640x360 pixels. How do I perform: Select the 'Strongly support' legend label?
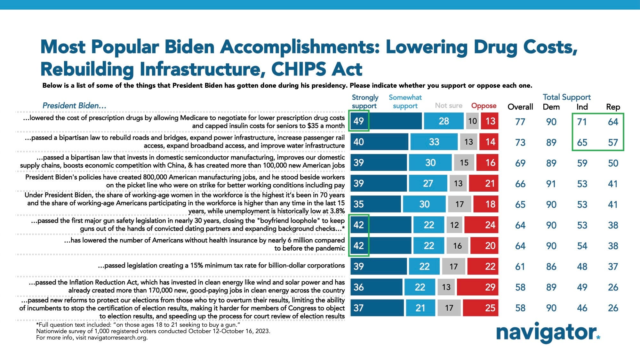365,101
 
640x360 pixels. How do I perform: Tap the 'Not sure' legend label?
448,106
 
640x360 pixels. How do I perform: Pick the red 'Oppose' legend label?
484,106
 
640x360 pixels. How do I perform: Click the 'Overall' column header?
520,107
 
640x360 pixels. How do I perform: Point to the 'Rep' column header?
613,107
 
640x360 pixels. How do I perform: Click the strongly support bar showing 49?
386,121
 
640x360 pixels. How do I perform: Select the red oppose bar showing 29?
477,287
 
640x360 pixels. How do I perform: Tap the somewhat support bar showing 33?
434,142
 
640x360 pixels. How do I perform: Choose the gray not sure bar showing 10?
472,121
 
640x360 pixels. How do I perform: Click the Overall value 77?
520,122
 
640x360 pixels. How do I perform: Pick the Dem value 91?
551,184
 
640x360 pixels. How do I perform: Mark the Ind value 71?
582,122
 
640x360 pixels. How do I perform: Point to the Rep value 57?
613,143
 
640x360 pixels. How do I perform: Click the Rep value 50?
613,163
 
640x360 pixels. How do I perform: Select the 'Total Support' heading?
566,97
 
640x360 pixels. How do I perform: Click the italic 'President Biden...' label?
74,106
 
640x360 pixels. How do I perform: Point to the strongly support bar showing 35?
375,204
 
